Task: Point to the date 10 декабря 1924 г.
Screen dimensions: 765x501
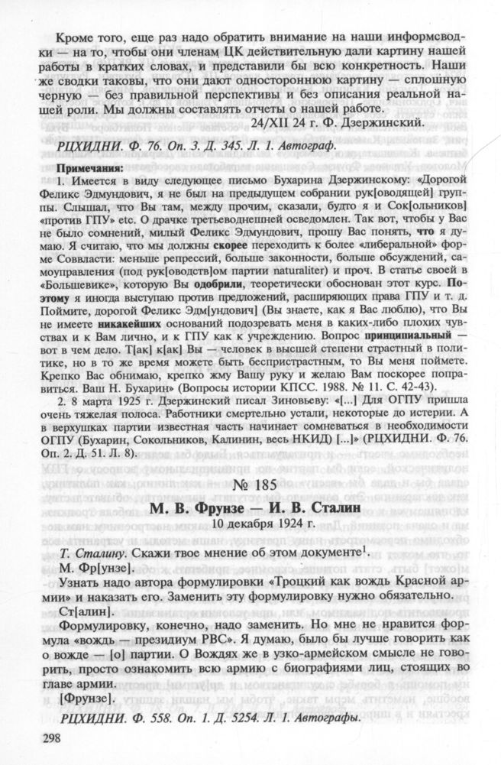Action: pos(251,524)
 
